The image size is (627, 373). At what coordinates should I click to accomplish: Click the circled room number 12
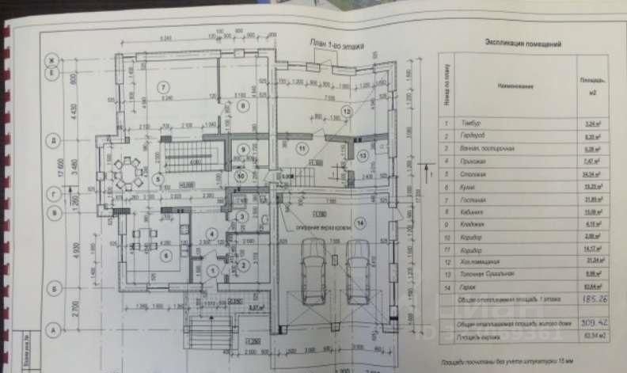point(345,109)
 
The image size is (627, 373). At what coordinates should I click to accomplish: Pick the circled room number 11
point(300,148)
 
